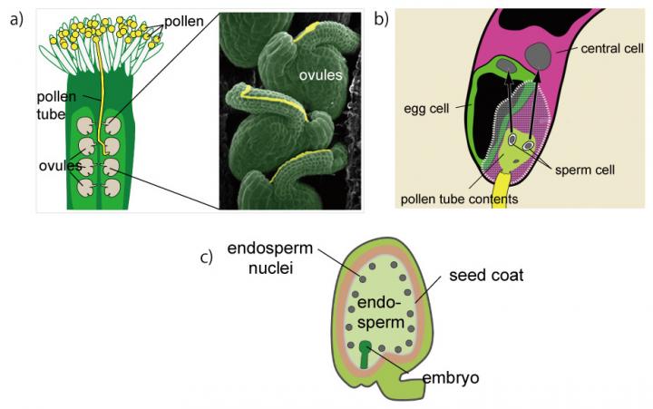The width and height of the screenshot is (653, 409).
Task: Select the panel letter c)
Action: [x=207, y=257]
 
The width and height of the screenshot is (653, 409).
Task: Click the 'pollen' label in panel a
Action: [x=184, y=17]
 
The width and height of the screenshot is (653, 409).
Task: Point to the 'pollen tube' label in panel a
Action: [x=55, y=102]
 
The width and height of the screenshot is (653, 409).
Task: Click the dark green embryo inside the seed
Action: [x=366, y=353]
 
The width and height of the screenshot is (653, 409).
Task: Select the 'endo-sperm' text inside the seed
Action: [x=375, y=310]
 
